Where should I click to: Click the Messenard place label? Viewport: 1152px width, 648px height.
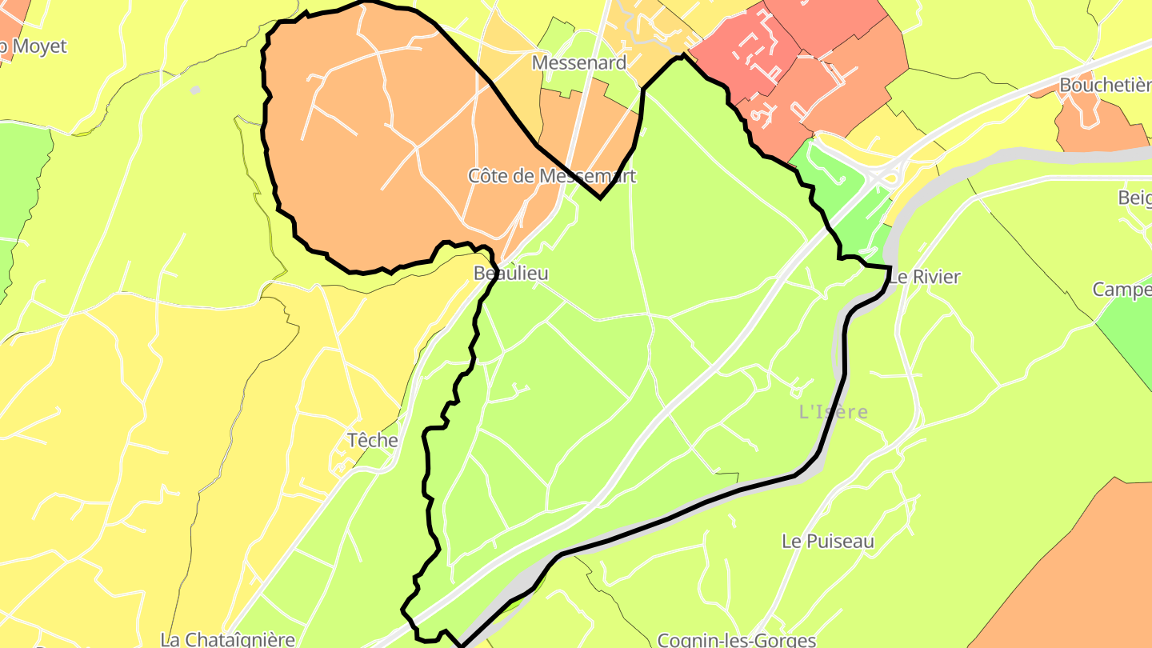coord(579,62)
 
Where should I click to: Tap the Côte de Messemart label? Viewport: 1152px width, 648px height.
coord(552,176)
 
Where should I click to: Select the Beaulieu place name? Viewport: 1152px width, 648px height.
coord(511,274)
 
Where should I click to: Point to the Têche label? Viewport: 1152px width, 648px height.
coord(373,440)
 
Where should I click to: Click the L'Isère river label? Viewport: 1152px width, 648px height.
coord(834,412)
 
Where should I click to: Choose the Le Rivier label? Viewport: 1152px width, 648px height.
coord(924,277)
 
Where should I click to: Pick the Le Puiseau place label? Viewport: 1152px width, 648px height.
coord(828,542)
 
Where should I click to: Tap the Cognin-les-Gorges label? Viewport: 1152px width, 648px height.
coord(736,640)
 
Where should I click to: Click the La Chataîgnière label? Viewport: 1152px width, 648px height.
coord(228,640)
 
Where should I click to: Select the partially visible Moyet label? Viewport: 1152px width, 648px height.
coord(36,46)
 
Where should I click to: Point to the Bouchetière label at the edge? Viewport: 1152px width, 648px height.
coord(1104,85)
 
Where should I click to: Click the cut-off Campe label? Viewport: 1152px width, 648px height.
coord(1122,290)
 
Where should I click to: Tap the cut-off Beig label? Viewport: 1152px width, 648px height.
coord(1134,198)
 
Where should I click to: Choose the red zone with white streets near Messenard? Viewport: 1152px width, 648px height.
coord(752,56)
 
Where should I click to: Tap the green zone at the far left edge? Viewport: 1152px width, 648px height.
coord(20,184)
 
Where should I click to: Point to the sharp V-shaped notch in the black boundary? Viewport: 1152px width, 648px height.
coord(600,197)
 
